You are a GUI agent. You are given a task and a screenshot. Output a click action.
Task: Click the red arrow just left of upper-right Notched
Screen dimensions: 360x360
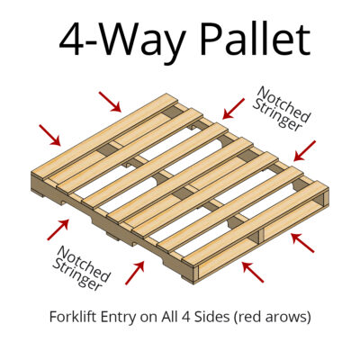(x=233, y=108)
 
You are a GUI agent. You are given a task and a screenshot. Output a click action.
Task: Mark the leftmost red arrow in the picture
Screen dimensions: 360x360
(x=50, y=134)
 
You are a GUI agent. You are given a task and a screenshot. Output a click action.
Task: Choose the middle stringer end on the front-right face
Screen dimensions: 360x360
(x=257, y=237)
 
